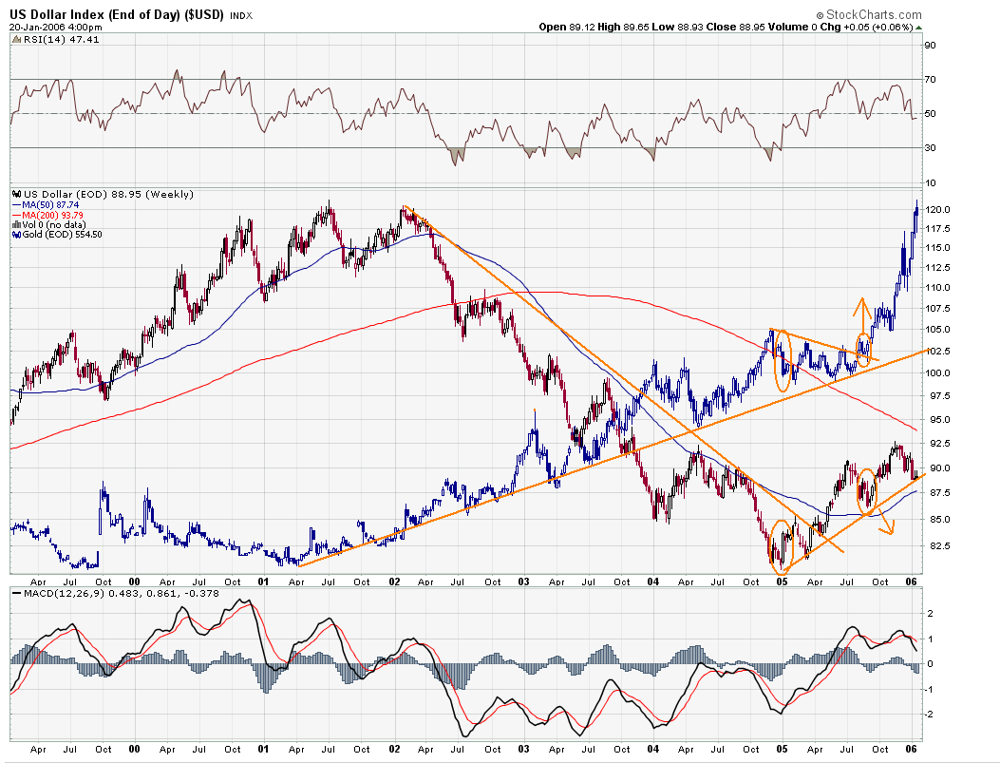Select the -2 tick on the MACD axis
tap(930, 714)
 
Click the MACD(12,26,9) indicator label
tap(52, 594)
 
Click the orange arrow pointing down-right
tap(888, 526)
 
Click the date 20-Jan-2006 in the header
tap(35, 27)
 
